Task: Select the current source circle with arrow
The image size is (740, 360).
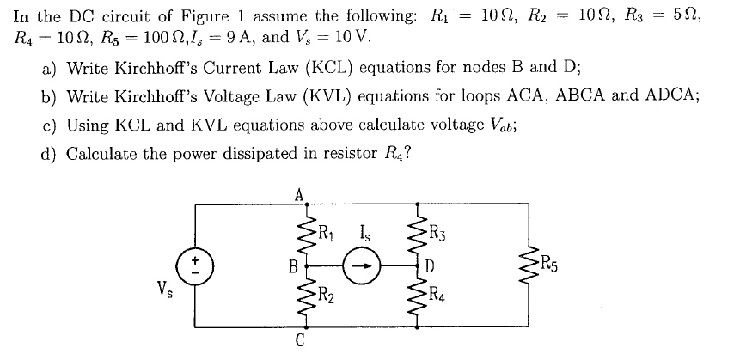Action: [x=361, y=266]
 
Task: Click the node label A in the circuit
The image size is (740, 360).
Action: [x=299, y=194]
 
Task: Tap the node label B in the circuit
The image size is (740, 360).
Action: [x=290, y=266]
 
